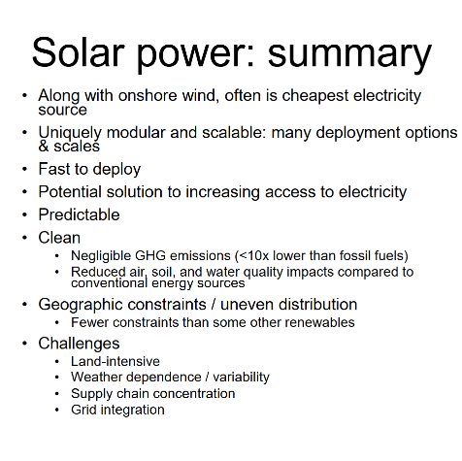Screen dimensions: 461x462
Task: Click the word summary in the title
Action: click(x=350, y=53)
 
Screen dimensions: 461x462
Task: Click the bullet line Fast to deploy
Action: click(x=89, y=169)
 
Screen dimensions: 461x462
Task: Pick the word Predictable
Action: click(x=79, y=214)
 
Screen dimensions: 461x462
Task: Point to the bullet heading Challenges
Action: click(x=79, y=343)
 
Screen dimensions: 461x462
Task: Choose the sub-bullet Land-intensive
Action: click(x=115, y=361)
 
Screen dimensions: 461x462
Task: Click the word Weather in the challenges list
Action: click(x=97, y=377)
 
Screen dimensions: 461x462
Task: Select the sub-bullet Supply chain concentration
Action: click(x=152, y=393)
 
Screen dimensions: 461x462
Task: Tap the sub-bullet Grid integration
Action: click(x=117, y=410)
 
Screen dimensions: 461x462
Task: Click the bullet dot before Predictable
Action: click(x=25, y=214)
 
